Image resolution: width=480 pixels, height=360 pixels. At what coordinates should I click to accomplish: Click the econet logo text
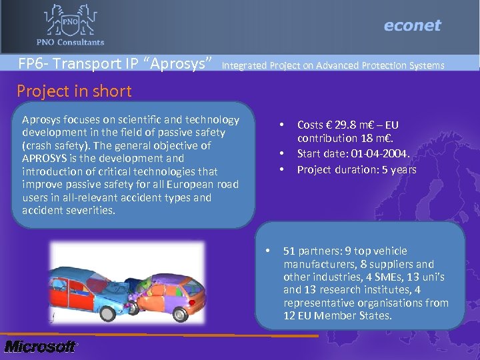tap(412, 25)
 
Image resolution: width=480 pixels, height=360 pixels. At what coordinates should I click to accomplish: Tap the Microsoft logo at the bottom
tap(40, 347)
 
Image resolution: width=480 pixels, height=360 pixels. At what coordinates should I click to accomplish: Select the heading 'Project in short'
tap(74, 91)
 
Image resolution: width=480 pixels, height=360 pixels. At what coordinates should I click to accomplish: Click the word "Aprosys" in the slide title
tap(182, 64)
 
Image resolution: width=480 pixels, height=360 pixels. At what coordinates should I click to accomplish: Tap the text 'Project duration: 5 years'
tap(357, 169)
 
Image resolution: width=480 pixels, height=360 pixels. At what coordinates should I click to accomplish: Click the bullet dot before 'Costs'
tap(283, 125)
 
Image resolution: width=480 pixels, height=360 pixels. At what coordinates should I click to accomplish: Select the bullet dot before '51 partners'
tap(267, 251)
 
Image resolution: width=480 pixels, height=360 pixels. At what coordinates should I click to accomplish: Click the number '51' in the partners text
tap(289, 251)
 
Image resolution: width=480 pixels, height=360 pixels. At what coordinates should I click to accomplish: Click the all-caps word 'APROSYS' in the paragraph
tap(43, 159)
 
